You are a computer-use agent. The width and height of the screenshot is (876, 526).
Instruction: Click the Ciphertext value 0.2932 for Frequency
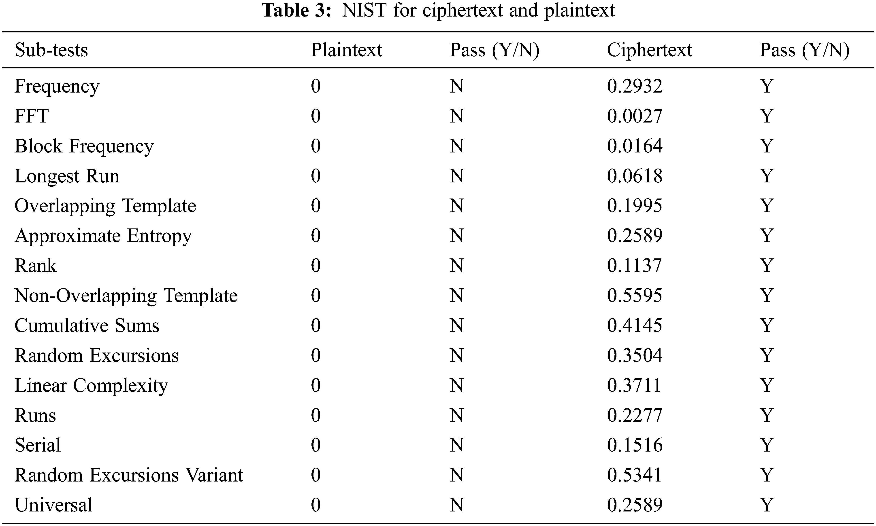[x=634, y=86]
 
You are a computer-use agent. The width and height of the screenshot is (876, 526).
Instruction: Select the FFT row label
[x=31, y=116]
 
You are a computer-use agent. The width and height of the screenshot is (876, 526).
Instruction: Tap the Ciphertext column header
[x=649, y=50]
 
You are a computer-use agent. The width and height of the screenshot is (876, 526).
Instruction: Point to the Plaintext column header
[x=346, y=50]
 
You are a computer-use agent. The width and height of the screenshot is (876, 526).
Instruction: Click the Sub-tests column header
[x=51, y=50]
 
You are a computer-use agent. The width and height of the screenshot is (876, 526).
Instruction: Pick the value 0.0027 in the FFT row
[x=634, y=116]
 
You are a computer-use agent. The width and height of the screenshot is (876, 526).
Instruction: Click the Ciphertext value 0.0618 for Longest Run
[x=634, y=176]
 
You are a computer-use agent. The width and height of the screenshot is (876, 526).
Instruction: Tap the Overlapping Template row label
[x=105, y=206]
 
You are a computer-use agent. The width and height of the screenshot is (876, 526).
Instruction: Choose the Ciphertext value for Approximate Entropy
[x=634, y=236]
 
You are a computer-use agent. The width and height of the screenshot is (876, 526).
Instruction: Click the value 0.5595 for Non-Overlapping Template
[x=634, y=296]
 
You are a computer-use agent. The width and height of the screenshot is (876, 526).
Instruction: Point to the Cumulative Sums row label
[x=87, y=325]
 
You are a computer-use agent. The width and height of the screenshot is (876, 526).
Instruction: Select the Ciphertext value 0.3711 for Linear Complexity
[x=634, y=385]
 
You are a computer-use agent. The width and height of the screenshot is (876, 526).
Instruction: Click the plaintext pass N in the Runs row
[x=457, y=415]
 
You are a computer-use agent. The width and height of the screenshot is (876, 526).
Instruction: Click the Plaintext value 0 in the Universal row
[x=316, y=505]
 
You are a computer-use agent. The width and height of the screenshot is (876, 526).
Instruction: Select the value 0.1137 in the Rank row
[x=634, y=266]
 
